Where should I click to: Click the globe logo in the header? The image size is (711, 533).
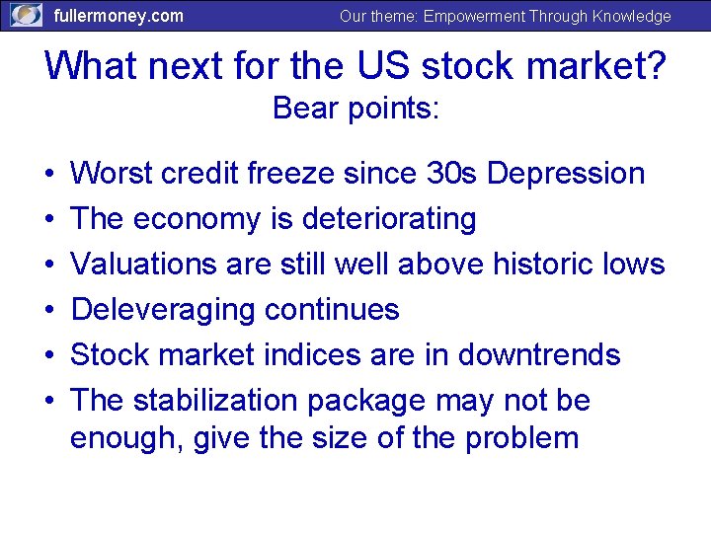[26, 15]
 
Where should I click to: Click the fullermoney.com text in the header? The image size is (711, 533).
[118, 16]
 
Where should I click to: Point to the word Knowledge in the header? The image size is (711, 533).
[633, 16]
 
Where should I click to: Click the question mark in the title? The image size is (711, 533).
[655, 65]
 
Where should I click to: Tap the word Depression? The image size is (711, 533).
[566, 174]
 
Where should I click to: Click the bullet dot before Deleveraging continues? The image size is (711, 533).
[49, 311]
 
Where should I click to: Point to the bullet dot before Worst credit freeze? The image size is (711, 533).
[49, 175]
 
